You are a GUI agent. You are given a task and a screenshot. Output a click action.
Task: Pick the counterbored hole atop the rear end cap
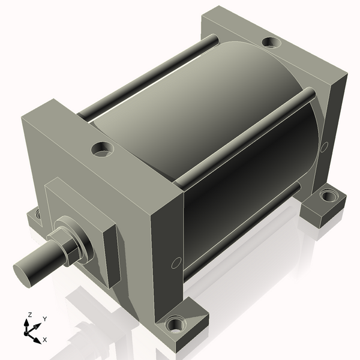click(x=271, y=43)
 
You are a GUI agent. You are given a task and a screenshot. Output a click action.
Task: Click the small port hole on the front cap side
click(x=176, y=262)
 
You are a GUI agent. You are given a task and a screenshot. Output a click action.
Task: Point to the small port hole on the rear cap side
click(x=324, y=146)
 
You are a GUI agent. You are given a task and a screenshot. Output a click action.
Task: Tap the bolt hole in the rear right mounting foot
click(x=329, y=196)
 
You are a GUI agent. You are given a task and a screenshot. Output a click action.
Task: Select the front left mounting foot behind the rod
click(x=36, y=215)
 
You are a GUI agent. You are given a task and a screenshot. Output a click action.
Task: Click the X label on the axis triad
click(x=45, y=340)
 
